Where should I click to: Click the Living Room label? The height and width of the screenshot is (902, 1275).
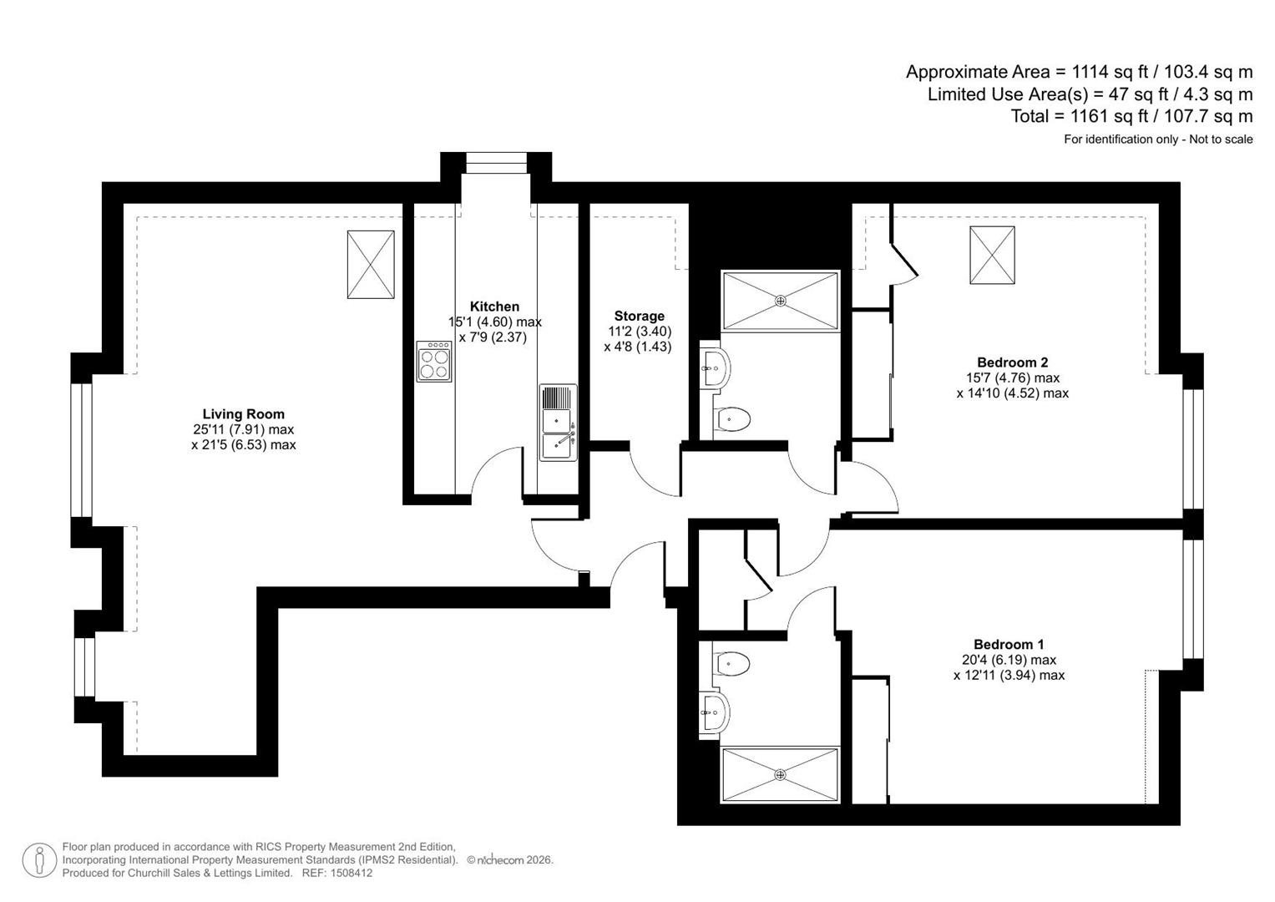tap(244, 414)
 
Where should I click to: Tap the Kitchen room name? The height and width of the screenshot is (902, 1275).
tap(494, 307)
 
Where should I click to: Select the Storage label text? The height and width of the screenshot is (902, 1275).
tap(640, 316)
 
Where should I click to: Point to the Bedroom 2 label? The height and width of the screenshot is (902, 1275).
tap(1013, 362)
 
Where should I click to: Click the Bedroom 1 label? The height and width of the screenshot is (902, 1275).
tap(1009, 645)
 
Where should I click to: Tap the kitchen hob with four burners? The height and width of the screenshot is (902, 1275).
tap(433, 361)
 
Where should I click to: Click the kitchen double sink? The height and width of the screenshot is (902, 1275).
tap(559, 423)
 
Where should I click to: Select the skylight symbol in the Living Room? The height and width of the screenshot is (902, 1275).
tap(371, 264)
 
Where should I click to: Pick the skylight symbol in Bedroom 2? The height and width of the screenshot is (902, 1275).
tap(992, 255)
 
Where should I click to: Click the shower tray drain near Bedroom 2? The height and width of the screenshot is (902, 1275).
tap(781, 300)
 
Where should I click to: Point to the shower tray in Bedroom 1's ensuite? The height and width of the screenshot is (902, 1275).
tap(781, 775)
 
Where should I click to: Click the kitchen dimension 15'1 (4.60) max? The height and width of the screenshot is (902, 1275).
tap(494, 322)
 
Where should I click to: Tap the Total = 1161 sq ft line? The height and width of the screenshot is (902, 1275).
tap(1131, 116)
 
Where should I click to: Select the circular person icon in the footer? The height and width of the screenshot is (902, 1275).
tap(39, 860)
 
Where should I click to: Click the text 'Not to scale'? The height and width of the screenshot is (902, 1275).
tap(1221, 139)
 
